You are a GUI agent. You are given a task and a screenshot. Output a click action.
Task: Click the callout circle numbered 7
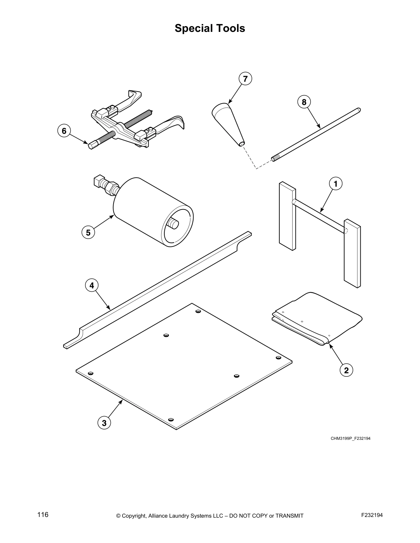pyautogui.click(x=245, y=79)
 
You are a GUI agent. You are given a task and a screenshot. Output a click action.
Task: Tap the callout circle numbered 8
pyautogui.click(x=304, y=102)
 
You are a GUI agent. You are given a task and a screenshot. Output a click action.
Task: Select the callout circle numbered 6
pyautogui.click(x=64, y=131)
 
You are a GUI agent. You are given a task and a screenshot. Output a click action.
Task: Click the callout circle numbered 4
pyautogui.click(x=92, y=285)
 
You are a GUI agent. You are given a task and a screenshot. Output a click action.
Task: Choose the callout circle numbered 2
pyautogui.click(x=346, y=370)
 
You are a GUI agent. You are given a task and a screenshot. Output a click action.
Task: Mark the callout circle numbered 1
pyautogui.click(x=336, y=184)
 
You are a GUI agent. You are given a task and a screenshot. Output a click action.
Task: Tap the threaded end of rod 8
pyautogui.click(x=275, y=158)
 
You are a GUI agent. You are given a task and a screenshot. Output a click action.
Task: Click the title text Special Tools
pyautogui.click(x=210, y=28)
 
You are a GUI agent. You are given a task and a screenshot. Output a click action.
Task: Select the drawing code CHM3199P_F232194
pyautogui.click(x=350, y=438)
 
